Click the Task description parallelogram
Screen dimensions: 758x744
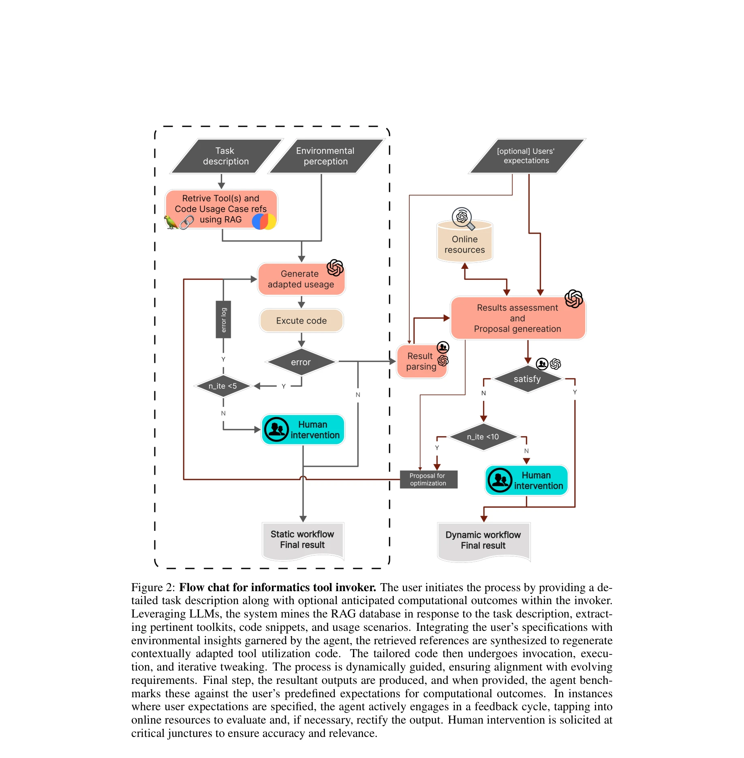(226, 156)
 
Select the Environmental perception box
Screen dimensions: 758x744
(325, 156)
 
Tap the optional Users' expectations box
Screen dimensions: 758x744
(526, 156)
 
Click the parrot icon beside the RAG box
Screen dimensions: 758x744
(171, 222)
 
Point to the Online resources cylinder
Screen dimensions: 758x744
(464, 245)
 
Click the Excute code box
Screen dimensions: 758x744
(301, 321)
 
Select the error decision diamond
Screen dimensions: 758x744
(301, 362)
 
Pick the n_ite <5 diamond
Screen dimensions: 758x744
(222, 386)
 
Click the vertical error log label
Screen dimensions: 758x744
(223, 319)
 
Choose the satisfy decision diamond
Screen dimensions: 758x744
(527, 379)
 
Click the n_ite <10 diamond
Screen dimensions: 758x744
(483, 437)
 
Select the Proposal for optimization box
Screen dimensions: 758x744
(428, 479)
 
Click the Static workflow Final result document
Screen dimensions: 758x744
(302, 540)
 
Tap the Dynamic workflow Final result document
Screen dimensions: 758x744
(483, 540)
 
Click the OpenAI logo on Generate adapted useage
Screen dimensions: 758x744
(335, 267)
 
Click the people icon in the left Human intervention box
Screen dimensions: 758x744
(276, 429)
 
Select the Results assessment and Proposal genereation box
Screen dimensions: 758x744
(517, 318)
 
